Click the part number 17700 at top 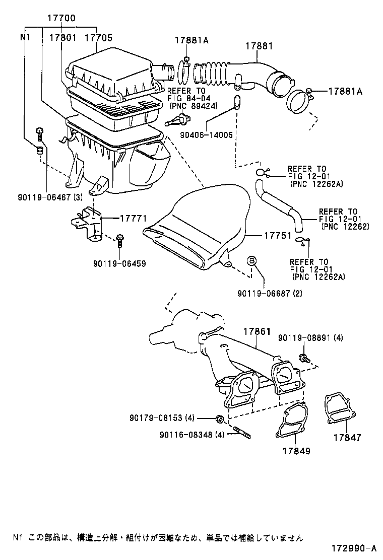point(61,19)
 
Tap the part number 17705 point(98,37)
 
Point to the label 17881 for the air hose point(259,46)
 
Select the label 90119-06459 point(119,263)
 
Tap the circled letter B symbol point(251,260)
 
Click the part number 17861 point(258,332)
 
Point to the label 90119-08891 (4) point(310,338)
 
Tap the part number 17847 point(347,438)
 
